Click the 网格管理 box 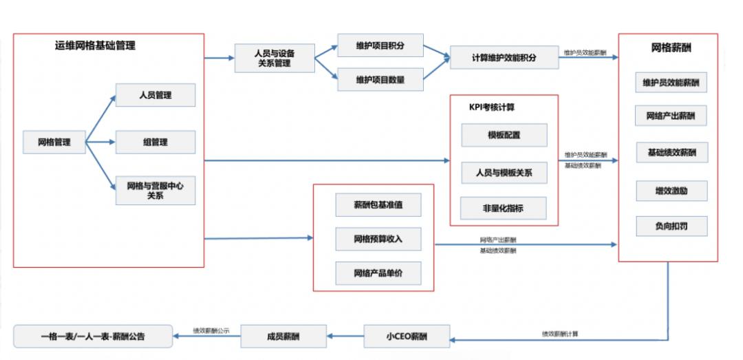[x=54, y=142]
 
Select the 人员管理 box [x=155, y=95]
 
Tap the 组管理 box [x=155, y=142]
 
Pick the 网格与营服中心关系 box [x=155, y=190]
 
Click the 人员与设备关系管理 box [x=274, y=59]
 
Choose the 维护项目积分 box [x=380, y=46]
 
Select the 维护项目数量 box [x=380, y=80]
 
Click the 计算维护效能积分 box [x=504, y=58]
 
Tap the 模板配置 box [x=504, y=136]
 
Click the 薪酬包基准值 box [x=378, y=205]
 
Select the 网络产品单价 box [x=378, y=273]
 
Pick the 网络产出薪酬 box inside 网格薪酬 [x=671, y=116]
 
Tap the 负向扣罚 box [x=671, y=225]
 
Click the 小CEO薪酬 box [x=407, y=337]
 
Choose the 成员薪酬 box [x=283, y=337]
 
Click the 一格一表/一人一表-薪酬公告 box [x=92, y=337]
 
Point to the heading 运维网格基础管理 [x=95, y=46]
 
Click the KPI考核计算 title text [x=492, y=107]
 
